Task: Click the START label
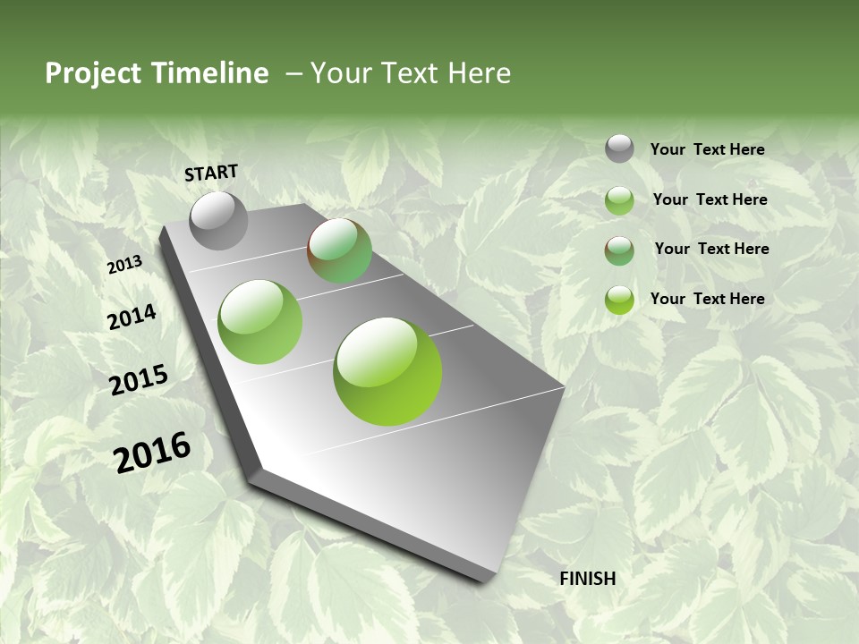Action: pyautogui.click(x=211, y=173)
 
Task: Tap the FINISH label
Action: pyautogui.click(x=588, y=579)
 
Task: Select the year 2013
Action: pyautogui.click(x=124, y=265)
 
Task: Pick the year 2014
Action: pyautogui.click(x=132, y=318)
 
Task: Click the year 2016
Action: pyautogui.click(x=152, y=452)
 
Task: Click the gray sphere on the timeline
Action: pyautogui.click(x=218, y=220)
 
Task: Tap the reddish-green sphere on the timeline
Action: pyautogui.click(x=339, y=250)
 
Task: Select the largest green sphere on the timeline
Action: pyautogui.click(x=387, y=370)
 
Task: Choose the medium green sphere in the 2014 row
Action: pyautogui.click(x=260, y=322)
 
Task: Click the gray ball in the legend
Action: pyautogui.click(x=619, y=148)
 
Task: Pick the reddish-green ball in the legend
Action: pyautogui.click(x=619, y=250)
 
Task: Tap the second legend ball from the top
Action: pyautogui.click(x=619, y=200)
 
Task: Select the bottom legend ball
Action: pyautogui.click(x=619, y=300)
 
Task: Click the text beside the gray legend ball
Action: pyautogui.click(x=707, y=150)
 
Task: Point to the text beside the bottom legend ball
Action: pyautogui.click(x=707, y=299)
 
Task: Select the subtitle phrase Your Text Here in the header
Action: pyautogui.click(x=411, y=73)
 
